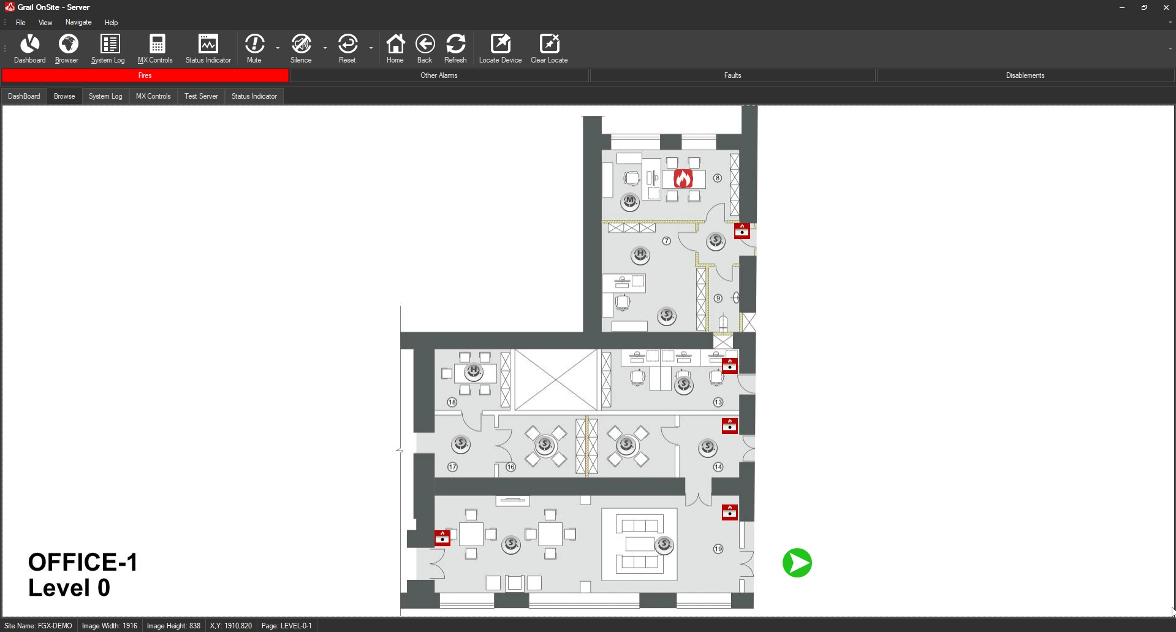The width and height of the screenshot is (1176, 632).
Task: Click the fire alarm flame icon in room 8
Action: click(683, 178)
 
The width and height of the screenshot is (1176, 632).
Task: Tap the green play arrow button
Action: click(797, 563)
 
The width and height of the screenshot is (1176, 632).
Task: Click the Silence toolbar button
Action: click(301, 48)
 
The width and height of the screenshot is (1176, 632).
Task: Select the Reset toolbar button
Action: click(347, 48)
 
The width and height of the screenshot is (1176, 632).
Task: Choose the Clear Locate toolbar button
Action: click(549, 48)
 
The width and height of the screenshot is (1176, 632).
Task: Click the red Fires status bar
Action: click(145, 75)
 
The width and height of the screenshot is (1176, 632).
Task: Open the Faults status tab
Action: click(732, 75)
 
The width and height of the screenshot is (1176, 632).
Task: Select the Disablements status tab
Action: click(1025, 75)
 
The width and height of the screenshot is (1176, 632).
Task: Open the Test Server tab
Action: click(201, 96)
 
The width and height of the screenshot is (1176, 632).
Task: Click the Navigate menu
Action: click(78, 22)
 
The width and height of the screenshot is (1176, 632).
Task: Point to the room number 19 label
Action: click(718, 549)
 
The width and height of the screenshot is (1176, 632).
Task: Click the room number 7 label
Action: click(667, 241)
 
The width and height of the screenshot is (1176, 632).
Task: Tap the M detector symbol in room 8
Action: click(630, 201)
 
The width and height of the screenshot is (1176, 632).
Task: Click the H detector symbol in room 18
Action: click(473, 371)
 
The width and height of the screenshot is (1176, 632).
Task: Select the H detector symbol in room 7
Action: click(640, 254)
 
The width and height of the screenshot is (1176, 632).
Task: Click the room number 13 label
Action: click(718, 402)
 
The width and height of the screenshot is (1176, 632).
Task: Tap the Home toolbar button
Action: click(395, 48)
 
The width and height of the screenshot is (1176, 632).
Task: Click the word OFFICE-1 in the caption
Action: click(83, 562)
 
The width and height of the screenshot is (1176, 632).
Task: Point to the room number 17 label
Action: click(452, 467)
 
